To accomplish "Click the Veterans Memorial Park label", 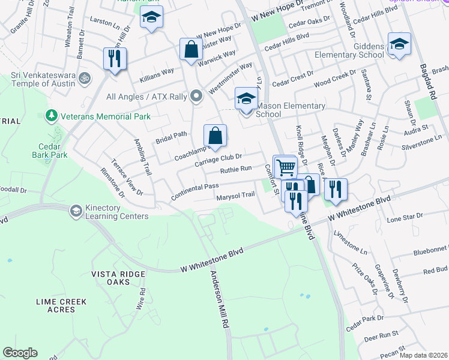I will coord(105,116).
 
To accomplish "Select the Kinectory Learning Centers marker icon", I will coord(76,211).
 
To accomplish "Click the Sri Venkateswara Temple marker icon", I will coord(85,78).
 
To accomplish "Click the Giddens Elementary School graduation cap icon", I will coord(399,44).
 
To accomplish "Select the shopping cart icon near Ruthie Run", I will coord(285,166).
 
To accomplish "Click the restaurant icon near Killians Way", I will coord(113,58).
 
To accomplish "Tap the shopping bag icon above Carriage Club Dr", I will coord(215,135).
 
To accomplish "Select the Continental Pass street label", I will coord(194,193).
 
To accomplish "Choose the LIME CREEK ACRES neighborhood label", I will coord(61,305).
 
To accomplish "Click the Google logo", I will coord(20,353).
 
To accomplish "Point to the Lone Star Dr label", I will coord(405,218).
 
